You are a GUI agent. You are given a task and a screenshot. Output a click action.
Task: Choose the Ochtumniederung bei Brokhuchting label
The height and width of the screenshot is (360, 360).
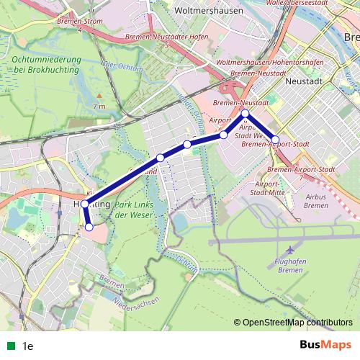point(49,63)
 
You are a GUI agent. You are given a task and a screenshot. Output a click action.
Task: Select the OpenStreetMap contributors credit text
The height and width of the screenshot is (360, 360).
point(297,323)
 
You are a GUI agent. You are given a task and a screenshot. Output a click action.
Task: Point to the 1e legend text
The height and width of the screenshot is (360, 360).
point(28,346)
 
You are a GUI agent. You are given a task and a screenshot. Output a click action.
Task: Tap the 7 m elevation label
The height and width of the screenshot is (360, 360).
point(99,107)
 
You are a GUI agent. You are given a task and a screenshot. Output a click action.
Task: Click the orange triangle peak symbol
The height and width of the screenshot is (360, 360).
point(99,94)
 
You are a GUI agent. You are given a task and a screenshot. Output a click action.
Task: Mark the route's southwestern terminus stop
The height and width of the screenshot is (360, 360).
point(89,227)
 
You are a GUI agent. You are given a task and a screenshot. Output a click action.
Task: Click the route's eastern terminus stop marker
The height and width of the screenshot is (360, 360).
point(275,139)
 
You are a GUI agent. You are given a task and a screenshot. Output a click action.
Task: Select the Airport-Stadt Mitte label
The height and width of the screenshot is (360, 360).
point(267,189)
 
